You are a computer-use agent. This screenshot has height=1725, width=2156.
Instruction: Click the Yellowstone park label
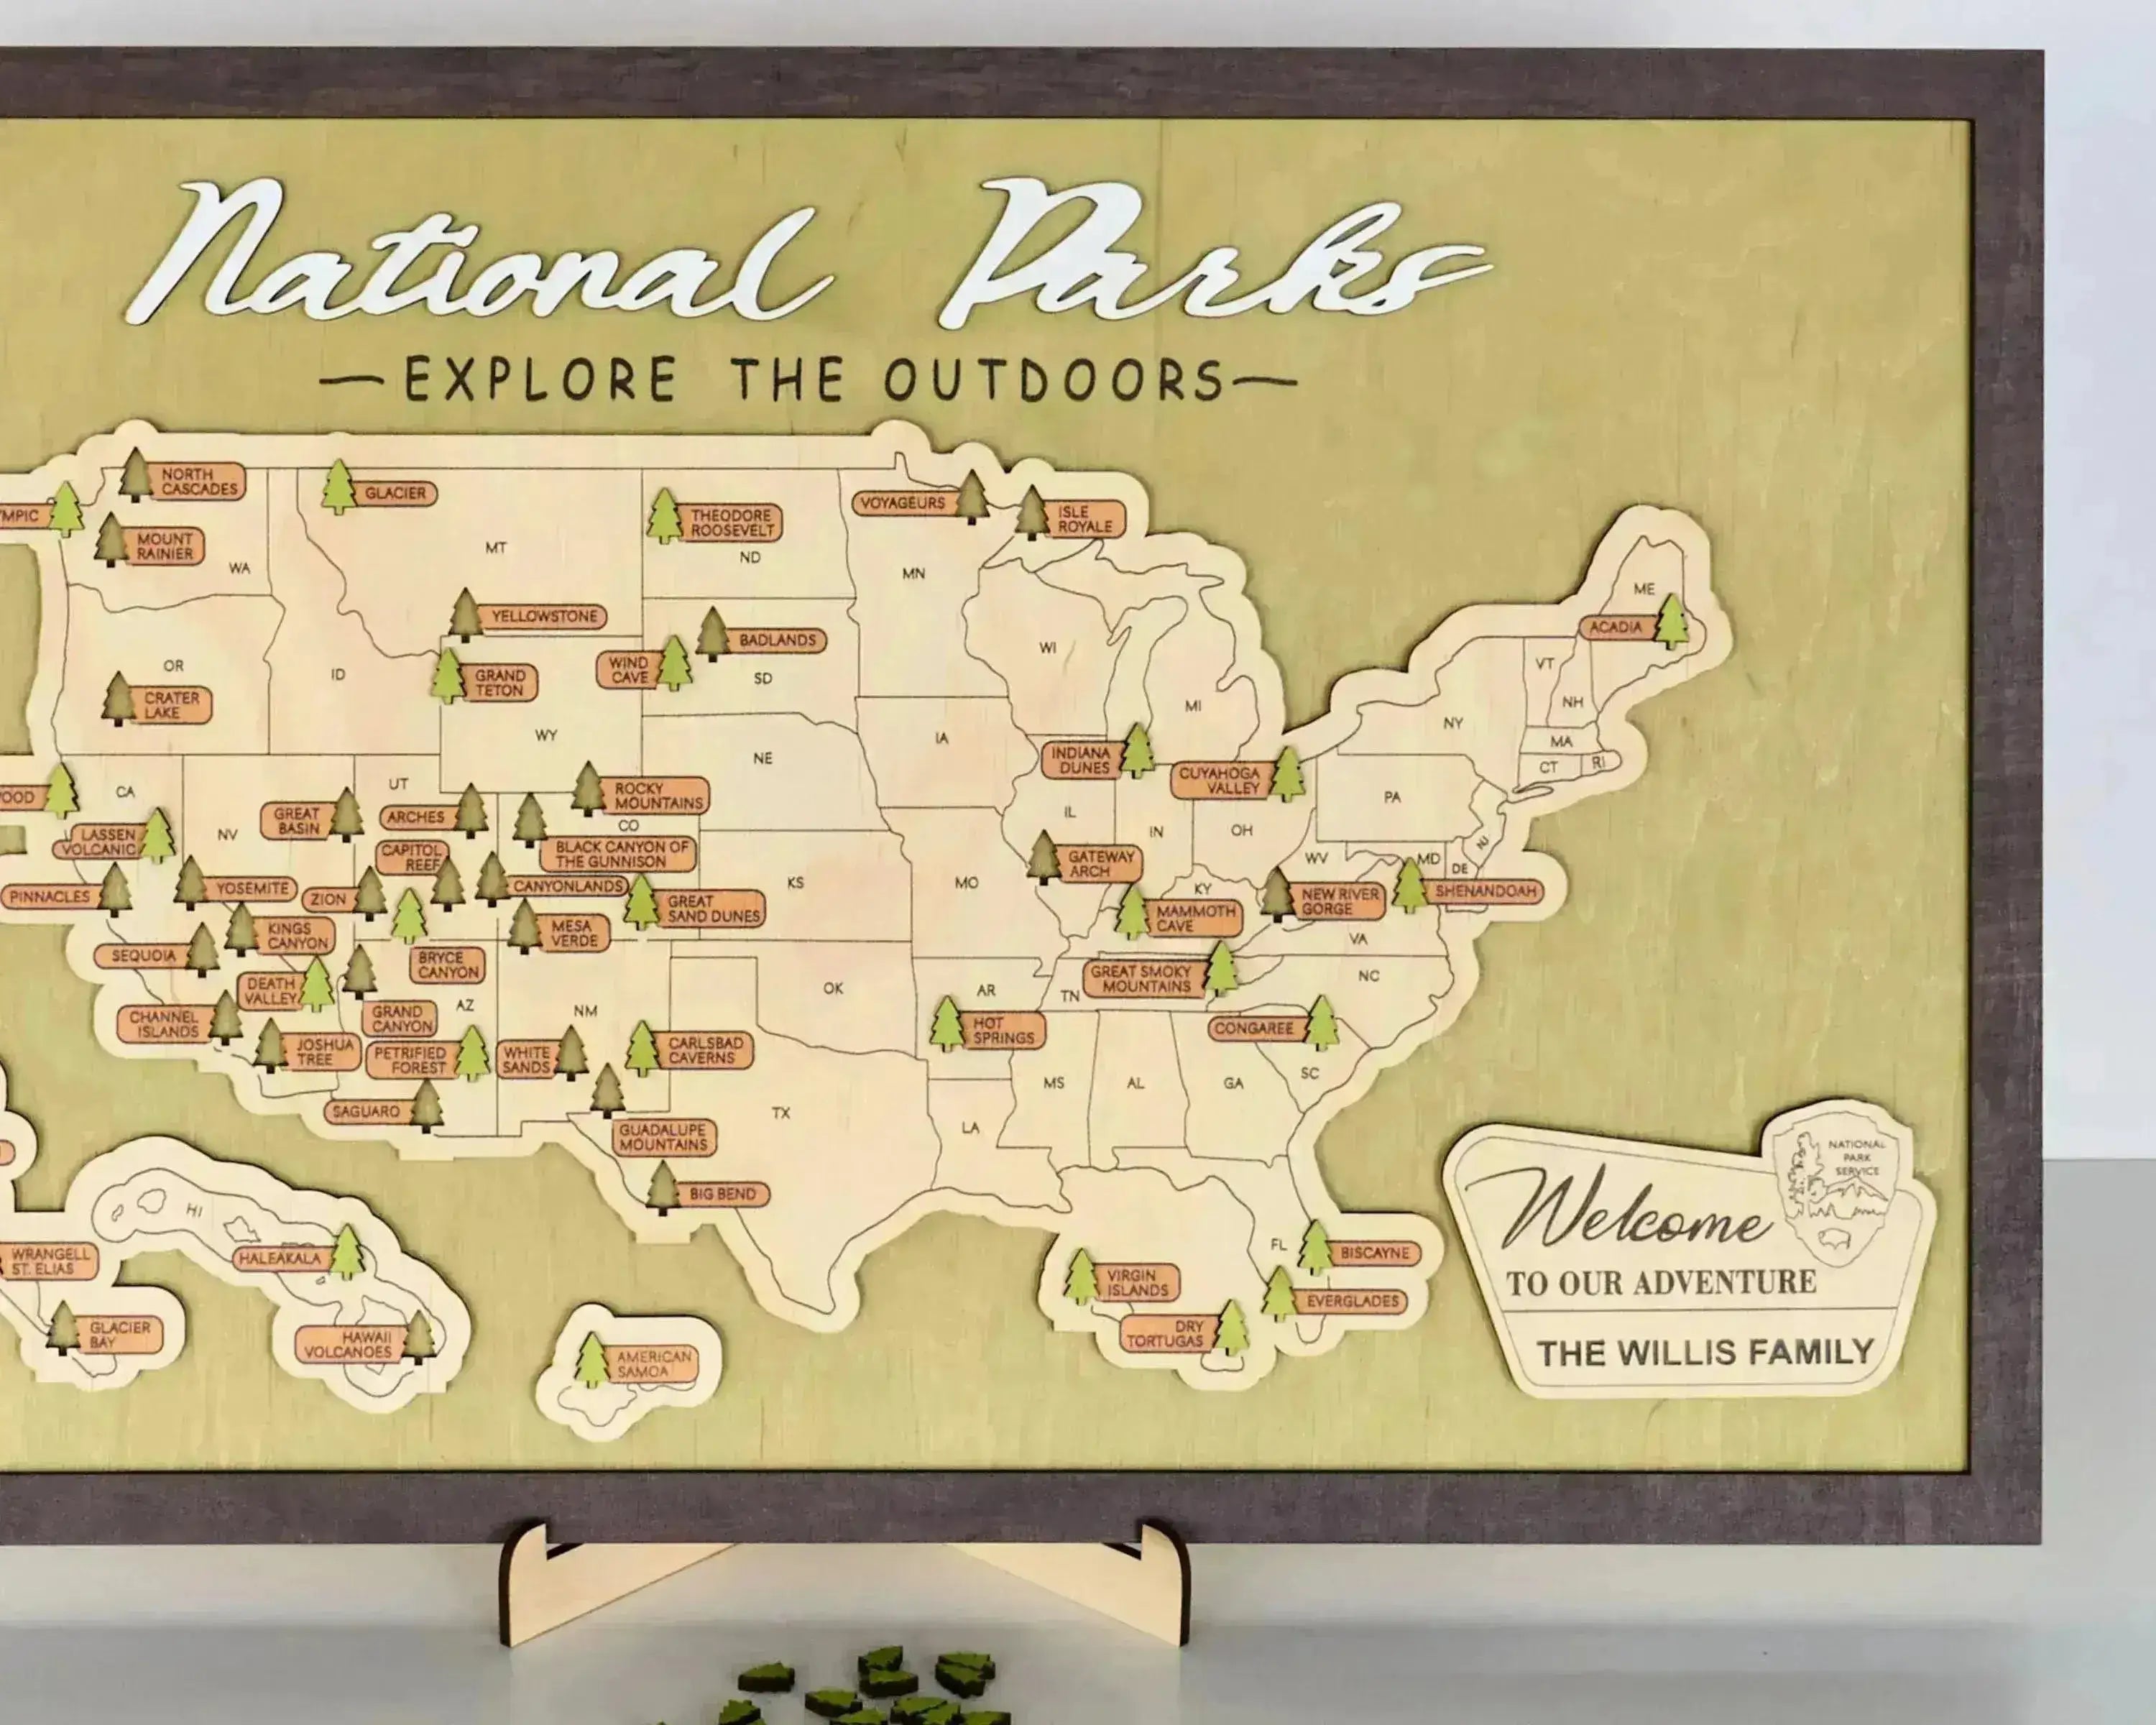coord(543,616)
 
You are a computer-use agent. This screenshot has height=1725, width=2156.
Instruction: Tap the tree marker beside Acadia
coord(1671,621)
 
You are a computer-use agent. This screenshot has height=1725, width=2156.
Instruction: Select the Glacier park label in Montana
coord(395,493)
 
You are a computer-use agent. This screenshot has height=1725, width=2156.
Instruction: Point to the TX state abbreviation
coord(781,1112)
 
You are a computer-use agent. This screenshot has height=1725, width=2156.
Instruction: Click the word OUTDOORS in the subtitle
coord(1054,380)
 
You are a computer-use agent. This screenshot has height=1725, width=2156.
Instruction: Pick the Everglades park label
coord(1352,1301)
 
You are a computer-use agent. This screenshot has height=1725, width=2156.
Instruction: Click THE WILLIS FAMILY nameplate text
coord(1705,1353)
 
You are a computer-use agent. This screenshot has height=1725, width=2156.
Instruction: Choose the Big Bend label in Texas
coord(722,1194)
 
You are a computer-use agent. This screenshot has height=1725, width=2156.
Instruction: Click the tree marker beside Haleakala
coord(347,1252)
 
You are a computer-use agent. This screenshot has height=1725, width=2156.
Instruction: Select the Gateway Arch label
coord(1100,864)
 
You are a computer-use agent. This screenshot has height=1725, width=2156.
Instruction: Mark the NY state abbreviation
coord(1453,723)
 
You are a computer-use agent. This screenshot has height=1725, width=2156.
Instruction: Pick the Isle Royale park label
coord(1085,519)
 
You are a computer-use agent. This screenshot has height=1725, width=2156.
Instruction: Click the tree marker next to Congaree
coord(1322,1023)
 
